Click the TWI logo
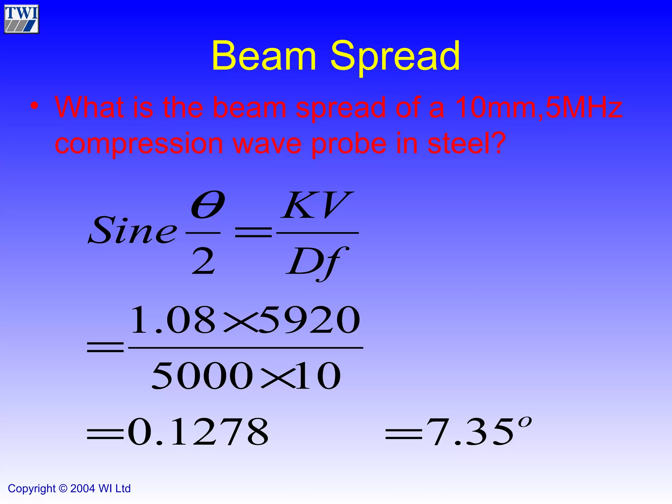(22, 19)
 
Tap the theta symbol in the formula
(207, 205)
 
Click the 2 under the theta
(203, 262)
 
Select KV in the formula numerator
(317, 206)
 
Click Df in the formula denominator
(316, 262)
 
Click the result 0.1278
(198, 432)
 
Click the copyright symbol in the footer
(63, 489)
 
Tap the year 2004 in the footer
(83, 489)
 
